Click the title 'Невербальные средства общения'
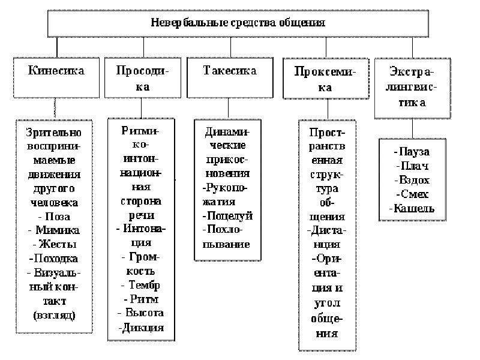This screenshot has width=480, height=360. pyautogui.click(x=238, y=23)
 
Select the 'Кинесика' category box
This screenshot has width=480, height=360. pyautogui.click(x=56, y=78)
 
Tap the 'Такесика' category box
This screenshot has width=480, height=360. pyautogui.click(x=230, y=78)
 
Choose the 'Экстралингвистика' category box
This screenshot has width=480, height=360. pyautogui.click(x=413, y=88)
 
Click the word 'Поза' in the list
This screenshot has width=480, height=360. pyautogui.click(x=58, y=217)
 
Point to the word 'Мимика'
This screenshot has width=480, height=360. pyautogui.click(x=58, y=230)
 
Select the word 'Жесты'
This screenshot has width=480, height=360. pyautogui.click(x=58, y=244)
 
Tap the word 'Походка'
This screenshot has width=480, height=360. pyautogui.click(x=56, y=259)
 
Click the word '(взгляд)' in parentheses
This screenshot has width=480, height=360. pyautogui.click(x=54, y=316)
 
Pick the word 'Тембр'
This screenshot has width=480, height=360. pyautogui.click(x=144, y=286)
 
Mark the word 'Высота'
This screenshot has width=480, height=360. pyautogui.click(x=145, y=313)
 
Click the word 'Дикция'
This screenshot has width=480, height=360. pyautogui.click(x=143, y=328)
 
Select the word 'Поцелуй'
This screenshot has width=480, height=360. pyautogui.click(x=230, y=216)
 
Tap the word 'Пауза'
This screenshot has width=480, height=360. pyautogui.click(x=415, y=152)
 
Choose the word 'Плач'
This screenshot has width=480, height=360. pyautogui.click(x=415, y=166)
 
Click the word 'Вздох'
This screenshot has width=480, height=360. pyautogui.click(x=415, y=180)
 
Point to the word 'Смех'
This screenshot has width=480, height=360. pyautogui.click(x=415, y=194)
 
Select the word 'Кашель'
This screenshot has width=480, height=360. pyautogui.click(x=414, y=208)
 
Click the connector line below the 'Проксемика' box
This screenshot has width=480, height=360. pyautogui.click(x=328, y=109)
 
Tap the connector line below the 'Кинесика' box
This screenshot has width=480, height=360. pyautogui.click(x=55, y=107)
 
